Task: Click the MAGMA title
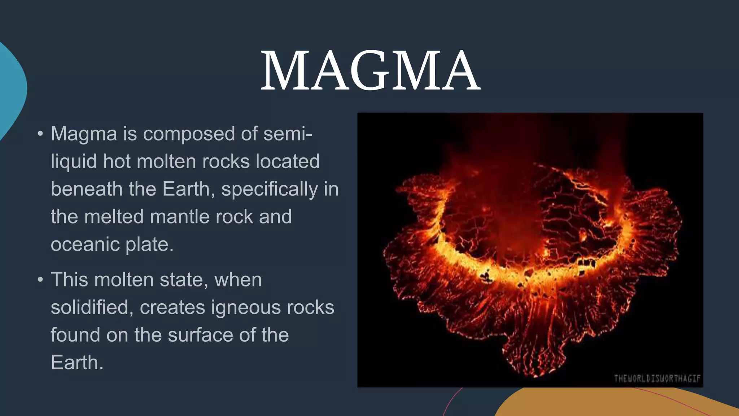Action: click(x=370, y=70)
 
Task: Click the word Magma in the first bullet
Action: click(x=84, y=134)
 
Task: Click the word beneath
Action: click(x=86, y=189)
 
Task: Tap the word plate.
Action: click(x=149, y=244)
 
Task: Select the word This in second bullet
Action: click(x=69, y=280)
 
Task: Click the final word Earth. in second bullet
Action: click(x=77, y=363)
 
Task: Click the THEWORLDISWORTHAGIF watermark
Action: click(x=657, y=378)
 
